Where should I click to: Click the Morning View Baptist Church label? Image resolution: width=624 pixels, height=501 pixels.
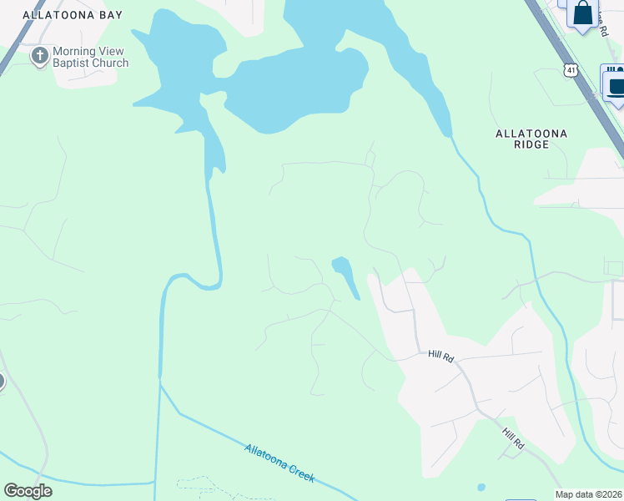[x=90, y=57]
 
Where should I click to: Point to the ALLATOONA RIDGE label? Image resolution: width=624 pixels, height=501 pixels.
[x=531, y=139]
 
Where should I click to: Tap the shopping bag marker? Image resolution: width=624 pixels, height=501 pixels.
[x=584, y=13]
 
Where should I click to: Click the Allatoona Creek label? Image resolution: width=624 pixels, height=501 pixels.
[x=279, y=462]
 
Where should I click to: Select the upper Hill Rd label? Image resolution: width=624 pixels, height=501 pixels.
[x=440, y=356]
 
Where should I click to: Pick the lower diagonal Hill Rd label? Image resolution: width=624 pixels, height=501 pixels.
[x=512, y=438]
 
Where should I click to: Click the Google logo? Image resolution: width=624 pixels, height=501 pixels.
[x=28, y=491]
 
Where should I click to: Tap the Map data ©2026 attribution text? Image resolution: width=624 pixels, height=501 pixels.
[x=589, y=494]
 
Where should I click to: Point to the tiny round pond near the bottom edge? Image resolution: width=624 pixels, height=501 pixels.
[x=481, y=487]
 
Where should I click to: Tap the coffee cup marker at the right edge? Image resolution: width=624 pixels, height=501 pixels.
[x=616, y=85]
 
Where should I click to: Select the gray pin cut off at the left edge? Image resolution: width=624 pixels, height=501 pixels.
[x=2, y=382]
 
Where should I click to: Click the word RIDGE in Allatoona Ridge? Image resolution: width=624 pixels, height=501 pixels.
[x=531, y=144]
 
